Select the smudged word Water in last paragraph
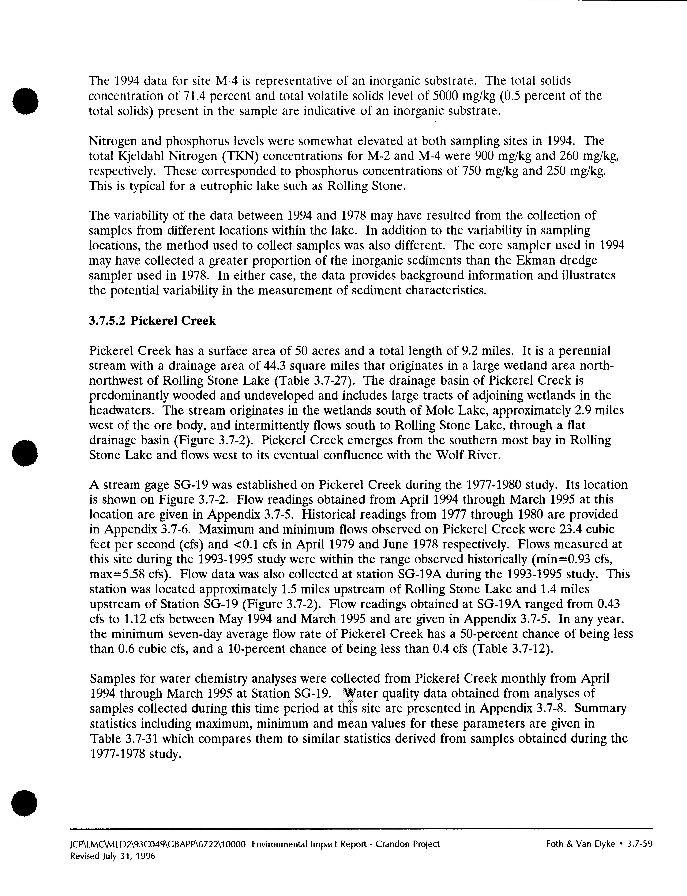coord(359,694)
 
